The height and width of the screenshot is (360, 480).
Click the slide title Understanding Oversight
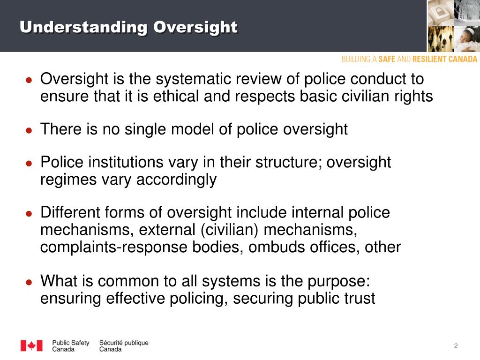point(128,27)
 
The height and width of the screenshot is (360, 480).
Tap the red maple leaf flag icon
point(31,345)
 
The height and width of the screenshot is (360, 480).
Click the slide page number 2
point(455,346)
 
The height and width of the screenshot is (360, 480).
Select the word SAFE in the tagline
point(387,59)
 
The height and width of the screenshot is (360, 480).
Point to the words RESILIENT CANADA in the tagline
point(445,59)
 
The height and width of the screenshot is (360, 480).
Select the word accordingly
point(176,180)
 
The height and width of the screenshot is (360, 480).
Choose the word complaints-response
point(114,247)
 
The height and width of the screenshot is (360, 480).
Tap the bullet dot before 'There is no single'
point(29,130)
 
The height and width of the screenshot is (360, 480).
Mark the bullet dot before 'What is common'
point(29,282)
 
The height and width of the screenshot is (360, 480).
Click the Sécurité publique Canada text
point(123,346)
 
